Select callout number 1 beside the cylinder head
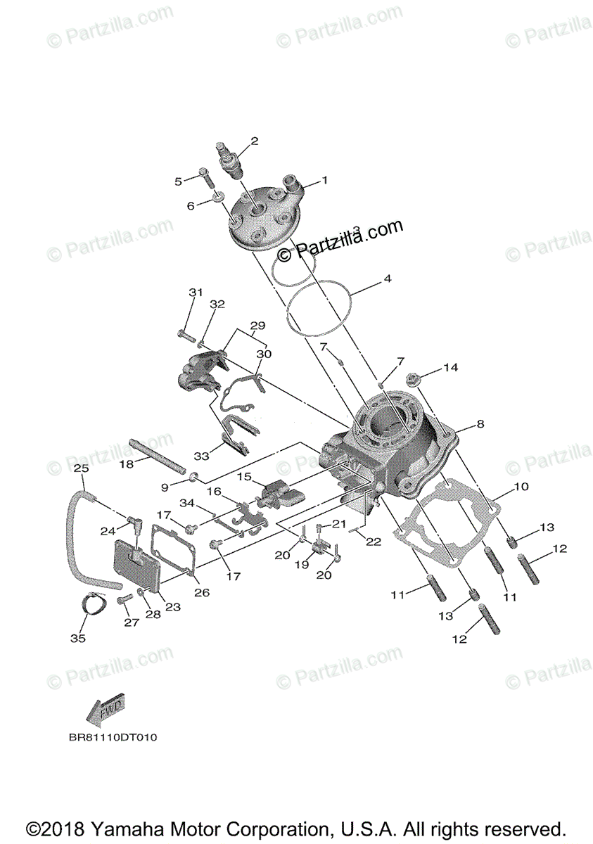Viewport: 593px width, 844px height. click(325, 180)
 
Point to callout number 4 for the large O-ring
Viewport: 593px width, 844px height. click(387, 279)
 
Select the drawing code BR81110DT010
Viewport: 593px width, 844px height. click(113, 738)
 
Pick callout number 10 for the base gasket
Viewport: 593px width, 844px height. click(521, 487)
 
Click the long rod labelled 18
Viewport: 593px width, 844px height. click(159, 456)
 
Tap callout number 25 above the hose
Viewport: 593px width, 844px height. click(81, 468)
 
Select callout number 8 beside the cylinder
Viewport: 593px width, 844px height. click(480, 424)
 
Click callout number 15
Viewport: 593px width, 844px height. click(244, 477)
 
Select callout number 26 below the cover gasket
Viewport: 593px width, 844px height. click(201, 592)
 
